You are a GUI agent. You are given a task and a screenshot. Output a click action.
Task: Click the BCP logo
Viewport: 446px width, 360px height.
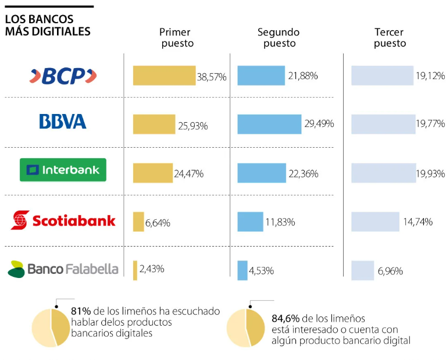63,76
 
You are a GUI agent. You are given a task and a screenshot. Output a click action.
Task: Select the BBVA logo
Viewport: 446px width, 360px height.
63,122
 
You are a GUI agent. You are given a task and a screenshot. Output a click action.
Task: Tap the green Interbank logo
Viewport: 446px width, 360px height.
63,170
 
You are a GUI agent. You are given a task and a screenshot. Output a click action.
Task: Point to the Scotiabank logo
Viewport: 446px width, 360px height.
63,220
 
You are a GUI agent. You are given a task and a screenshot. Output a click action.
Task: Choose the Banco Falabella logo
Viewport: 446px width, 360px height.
63,269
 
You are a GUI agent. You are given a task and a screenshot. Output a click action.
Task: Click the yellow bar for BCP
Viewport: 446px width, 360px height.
164,76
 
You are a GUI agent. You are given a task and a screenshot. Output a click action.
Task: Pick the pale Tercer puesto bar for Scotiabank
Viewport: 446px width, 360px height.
375,222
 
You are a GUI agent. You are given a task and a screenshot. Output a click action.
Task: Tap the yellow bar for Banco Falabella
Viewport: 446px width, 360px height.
135,270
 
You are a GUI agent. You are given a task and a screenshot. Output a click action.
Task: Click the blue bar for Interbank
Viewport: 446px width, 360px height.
262,173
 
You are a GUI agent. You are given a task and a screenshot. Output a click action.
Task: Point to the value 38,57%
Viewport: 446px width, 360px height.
212,76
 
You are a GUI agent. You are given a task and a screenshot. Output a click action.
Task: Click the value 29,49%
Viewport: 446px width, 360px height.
319,124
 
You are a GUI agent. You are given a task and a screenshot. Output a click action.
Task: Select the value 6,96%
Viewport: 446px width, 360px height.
390,271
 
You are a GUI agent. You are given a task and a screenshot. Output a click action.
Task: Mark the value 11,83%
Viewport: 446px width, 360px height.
280,222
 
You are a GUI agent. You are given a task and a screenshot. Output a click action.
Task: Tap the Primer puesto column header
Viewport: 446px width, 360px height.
174,38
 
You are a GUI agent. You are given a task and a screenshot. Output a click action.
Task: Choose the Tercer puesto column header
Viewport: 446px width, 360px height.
390,38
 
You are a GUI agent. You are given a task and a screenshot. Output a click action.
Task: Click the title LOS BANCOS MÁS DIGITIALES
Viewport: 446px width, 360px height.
48,25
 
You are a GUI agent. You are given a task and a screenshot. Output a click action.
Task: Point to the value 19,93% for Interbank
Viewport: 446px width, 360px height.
430,173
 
